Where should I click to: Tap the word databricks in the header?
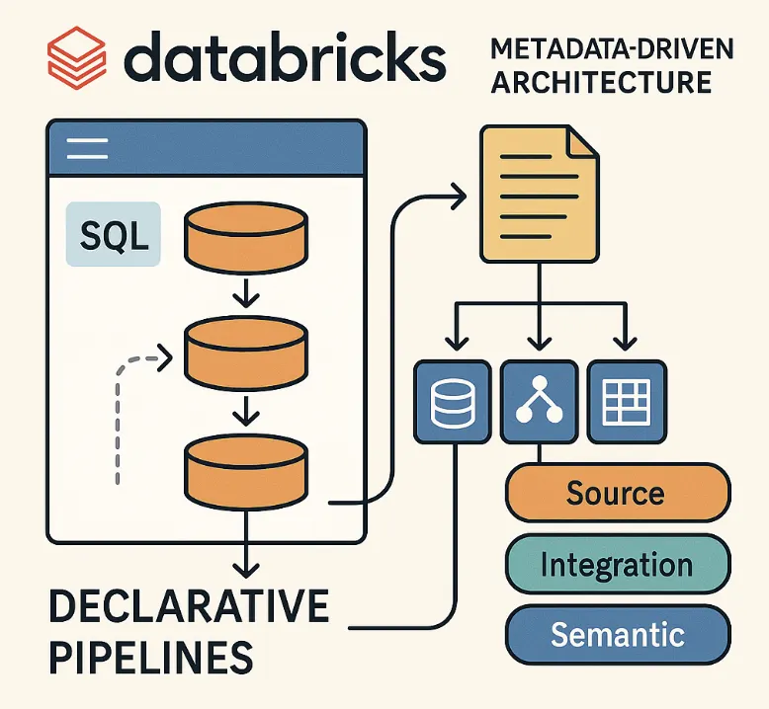pyautogui.click(x=286, y=58)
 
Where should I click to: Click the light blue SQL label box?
pyautogui.click(x=112, y=234)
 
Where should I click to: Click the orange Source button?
pyautogui.click(x=616, y=493)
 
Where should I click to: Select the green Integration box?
pyautogui.click(x=616, y=566)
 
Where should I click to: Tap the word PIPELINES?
pyautogui.click(x=148, y=656)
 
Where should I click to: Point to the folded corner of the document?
pyautogui.click(x=582, y=142)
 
